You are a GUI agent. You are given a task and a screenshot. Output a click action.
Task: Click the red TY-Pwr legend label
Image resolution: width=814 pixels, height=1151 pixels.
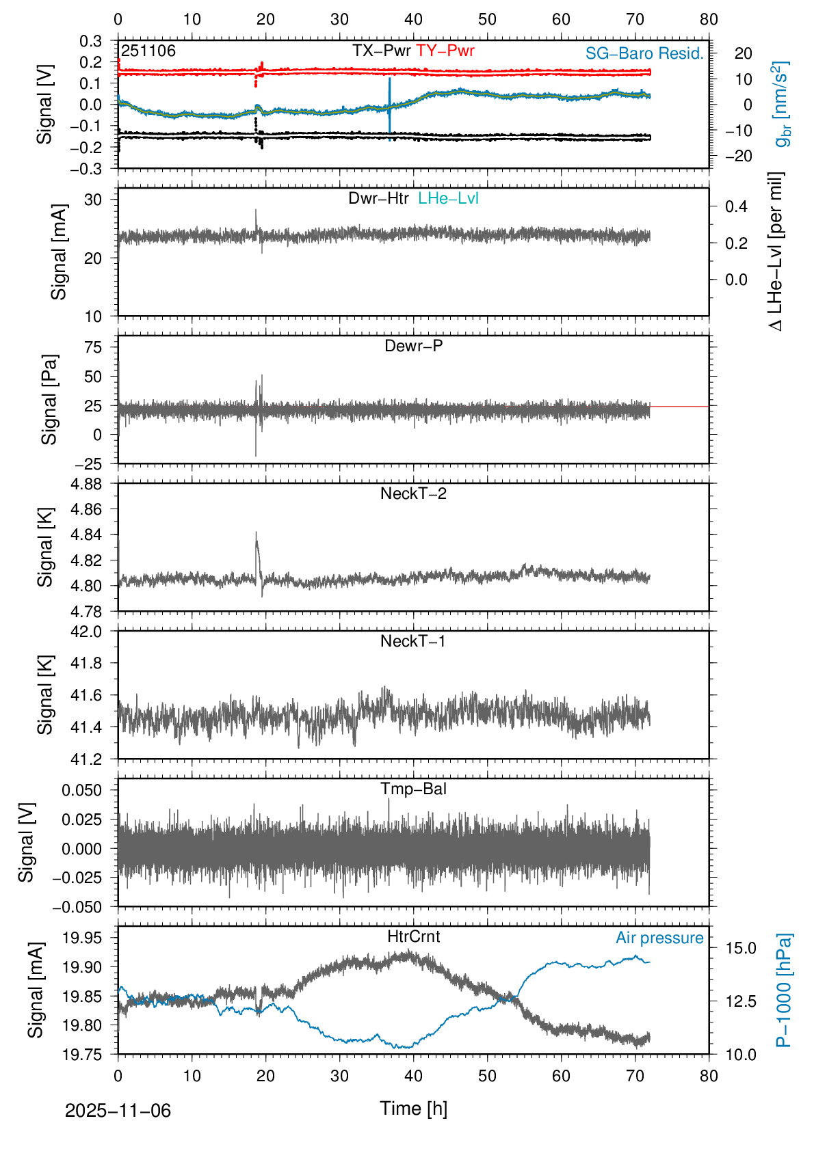(445, 51)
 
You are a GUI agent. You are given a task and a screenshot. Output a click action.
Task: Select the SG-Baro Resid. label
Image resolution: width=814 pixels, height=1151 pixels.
(644, 53)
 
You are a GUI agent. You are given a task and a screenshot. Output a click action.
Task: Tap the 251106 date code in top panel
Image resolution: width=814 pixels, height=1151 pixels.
(148, 51)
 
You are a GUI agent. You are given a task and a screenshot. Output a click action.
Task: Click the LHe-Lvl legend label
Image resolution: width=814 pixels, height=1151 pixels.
(448, 198)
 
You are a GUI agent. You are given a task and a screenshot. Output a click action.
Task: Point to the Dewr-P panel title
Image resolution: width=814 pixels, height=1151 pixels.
(413, 346)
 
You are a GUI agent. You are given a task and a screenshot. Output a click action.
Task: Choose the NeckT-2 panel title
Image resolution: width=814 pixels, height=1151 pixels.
(413, 493)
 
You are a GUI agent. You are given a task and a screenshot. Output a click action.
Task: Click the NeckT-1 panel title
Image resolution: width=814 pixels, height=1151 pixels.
(413, 641)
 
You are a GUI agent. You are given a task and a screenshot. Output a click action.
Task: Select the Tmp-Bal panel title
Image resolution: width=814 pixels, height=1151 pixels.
(413, 789)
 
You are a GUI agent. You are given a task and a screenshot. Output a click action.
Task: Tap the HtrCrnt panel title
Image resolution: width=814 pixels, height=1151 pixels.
(413, 936)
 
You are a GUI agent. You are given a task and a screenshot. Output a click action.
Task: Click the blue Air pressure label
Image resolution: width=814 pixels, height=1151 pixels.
(659, 938)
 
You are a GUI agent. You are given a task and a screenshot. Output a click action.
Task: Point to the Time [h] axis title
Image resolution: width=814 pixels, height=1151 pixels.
(413, 1108)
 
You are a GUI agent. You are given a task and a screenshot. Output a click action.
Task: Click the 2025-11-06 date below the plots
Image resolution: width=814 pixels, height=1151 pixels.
(118, 1111)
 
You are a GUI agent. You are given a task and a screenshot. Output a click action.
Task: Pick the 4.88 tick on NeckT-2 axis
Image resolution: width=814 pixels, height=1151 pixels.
(86, 484)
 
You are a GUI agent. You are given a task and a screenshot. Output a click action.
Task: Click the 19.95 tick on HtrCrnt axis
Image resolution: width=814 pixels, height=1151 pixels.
(82, 937)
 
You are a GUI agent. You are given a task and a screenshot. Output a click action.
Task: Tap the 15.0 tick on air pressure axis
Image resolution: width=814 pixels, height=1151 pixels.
(741, 948)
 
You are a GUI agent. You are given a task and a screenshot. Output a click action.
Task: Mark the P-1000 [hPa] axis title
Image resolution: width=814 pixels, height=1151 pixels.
(784, 990)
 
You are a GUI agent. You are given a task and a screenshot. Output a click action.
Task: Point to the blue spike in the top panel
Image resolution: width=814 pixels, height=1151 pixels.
(390, 103)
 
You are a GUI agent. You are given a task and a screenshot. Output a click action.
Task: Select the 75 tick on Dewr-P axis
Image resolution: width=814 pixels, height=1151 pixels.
(93, 347)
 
